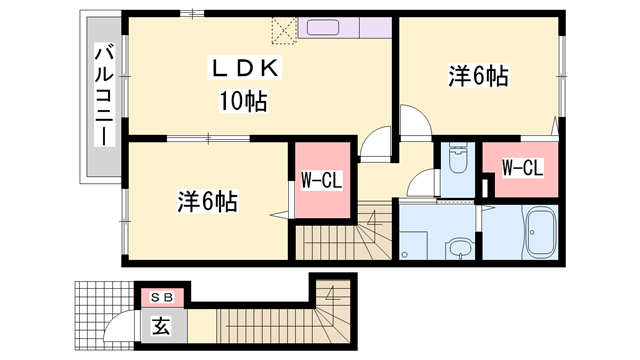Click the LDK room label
[x=245, y=68]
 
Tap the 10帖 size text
[x=243, y=101]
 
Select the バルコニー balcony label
[x=104, y=94]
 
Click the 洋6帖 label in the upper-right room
[x=478, y=76]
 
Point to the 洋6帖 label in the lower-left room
[x=207, y=201]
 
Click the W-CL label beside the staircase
[x=321, y=180]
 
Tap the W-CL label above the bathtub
[x=522, y=167]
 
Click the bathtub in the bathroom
[x=541, y=231]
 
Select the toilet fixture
[x=458, y=158]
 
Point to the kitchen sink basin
[x=323, y=28]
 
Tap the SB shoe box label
[x=162, y=297]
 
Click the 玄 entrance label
[x=162, y=325]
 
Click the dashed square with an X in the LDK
[x=284, y=30]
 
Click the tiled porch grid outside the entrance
[x=104, y=315]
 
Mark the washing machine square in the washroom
[x=413, y=245]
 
